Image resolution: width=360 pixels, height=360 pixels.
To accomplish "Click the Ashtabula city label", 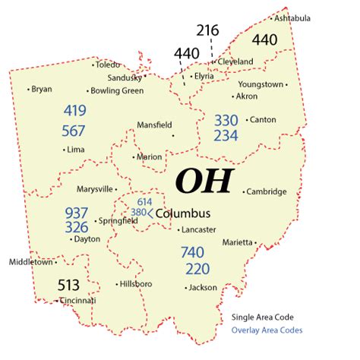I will tap(292, 17).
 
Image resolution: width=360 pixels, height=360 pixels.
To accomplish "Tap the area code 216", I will tap(207, 31).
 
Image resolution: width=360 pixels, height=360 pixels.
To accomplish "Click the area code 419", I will tap(74, 111).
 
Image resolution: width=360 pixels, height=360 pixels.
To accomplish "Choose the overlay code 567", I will tap(74, 131).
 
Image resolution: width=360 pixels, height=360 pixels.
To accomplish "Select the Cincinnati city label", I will tap(79, 301).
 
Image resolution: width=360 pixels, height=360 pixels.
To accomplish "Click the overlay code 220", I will tap(197, 269).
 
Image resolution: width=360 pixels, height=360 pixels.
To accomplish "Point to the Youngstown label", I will tap(261, 84).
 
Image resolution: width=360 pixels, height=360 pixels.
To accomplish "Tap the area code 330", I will tap(226, 119).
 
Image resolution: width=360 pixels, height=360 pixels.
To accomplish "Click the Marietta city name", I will tap(237, 242).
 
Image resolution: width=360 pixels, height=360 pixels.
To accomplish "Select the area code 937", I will tap(77, 212).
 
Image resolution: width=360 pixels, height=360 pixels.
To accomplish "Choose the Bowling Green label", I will tap(117, 91).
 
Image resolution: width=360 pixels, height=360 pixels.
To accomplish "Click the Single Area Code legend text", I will tap(263, 317).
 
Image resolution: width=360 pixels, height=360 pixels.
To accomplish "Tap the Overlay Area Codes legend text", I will tap(267, 330).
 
